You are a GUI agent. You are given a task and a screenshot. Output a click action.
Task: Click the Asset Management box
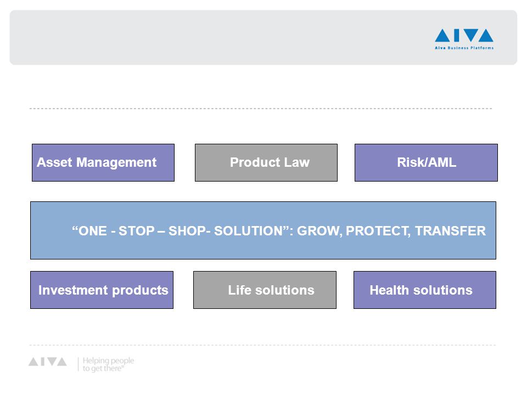103,162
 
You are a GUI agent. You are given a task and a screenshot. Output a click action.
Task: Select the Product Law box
266,162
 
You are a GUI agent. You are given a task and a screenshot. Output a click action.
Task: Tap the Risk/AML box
426,162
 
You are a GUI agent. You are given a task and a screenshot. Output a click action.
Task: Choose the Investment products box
102,290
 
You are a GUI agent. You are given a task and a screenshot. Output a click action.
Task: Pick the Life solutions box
265,290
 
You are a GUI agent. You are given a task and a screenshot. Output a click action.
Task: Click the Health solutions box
425,290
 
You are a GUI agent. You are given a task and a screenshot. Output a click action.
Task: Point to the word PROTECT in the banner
378,231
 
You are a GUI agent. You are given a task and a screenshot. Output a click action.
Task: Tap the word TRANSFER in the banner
450,231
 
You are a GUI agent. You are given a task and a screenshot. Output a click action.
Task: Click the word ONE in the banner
92,231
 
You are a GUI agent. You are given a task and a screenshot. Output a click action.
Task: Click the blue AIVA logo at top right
464,35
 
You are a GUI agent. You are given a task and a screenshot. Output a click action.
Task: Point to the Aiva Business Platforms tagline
464,48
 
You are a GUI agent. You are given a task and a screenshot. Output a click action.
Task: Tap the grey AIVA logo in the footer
48,362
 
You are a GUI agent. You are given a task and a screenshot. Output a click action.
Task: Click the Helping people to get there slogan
108,364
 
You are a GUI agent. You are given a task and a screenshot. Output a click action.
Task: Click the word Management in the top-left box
116,162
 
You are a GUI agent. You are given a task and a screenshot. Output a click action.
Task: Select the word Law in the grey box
297,162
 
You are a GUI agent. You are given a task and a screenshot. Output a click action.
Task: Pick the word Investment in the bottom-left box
73,290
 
